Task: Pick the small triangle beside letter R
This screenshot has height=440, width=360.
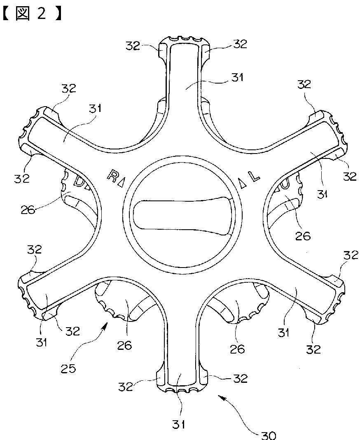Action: pyautogui.click(x=120, y=184)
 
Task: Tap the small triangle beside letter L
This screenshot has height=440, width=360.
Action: pyautogui.click(x=244, y=185)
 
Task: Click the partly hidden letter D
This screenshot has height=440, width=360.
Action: pyautogui.click(x=78, y=182)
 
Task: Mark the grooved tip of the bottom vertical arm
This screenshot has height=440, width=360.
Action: pyautogui.click(x=180, y=389)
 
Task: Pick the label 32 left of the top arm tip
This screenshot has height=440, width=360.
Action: pyautogui.click(x=133, y=45)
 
